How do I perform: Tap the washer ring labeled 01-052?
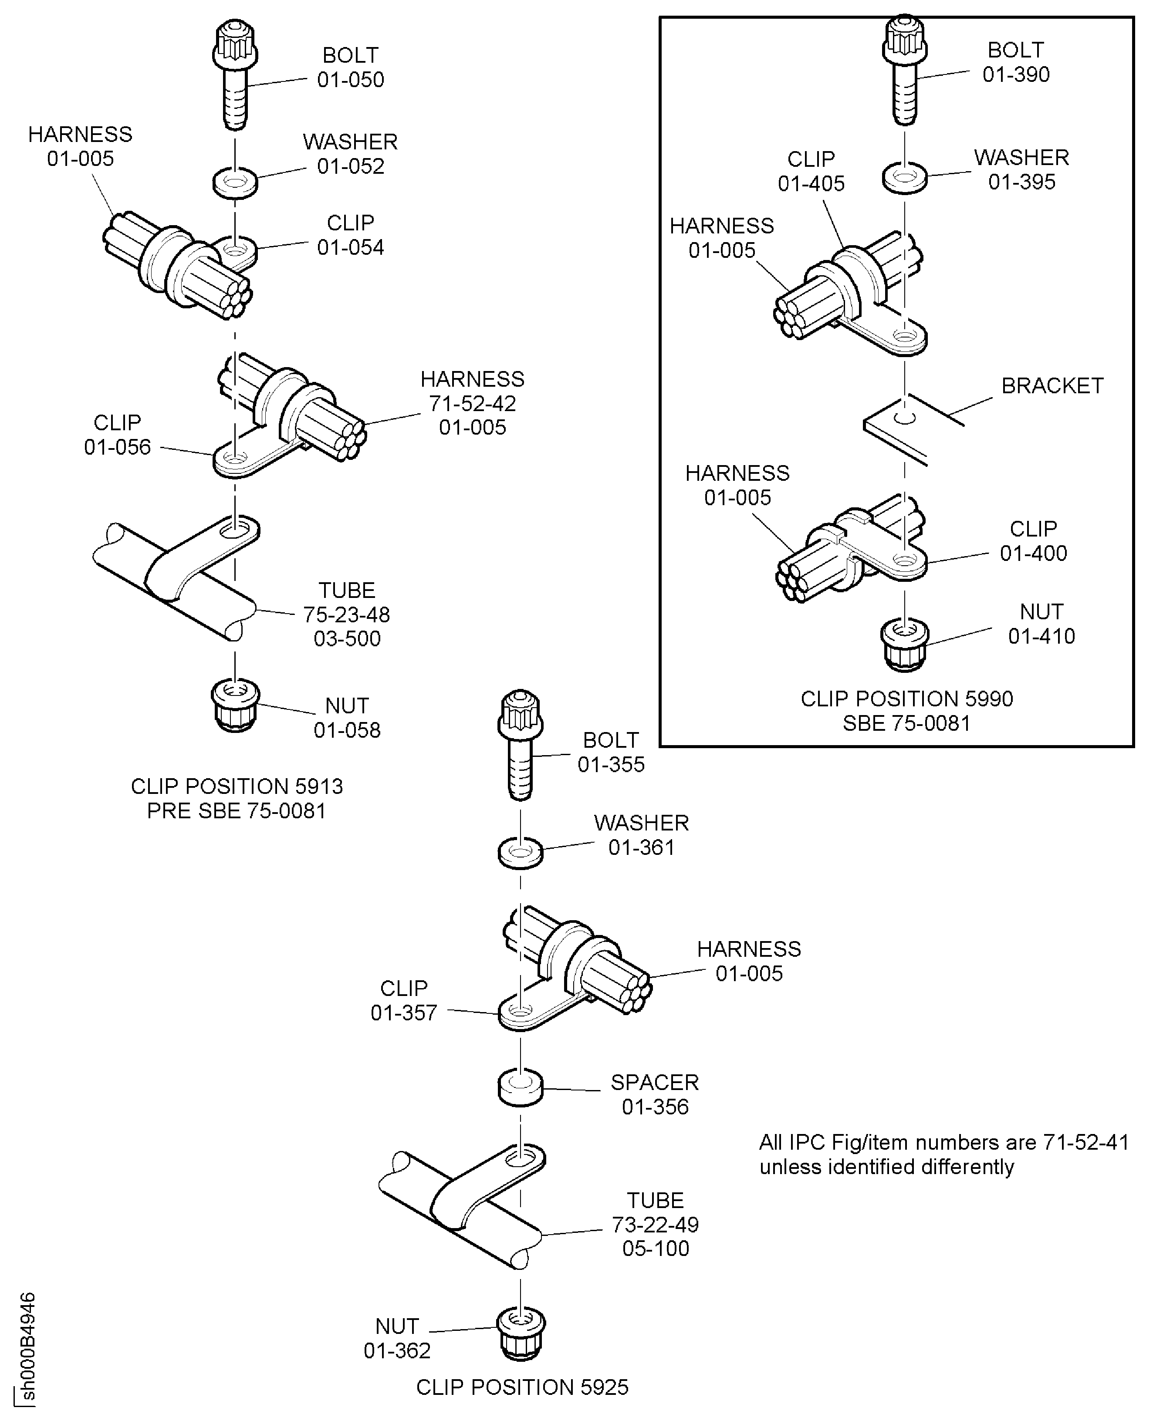tap(235, 181)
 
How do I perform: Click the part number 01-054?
tap(350, 247)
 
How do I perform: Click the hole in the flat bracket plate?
tap(905, 419)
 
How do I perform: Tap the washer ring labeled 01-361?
tap(521, 852)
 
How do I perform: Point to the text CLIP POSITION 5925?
tap(522, 1387)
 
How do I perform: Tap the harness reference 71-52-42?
tap(472, 403)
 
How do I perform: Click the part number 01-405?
tap(811, 183)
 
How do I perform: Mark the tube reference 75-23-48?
tap(347, 614)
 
